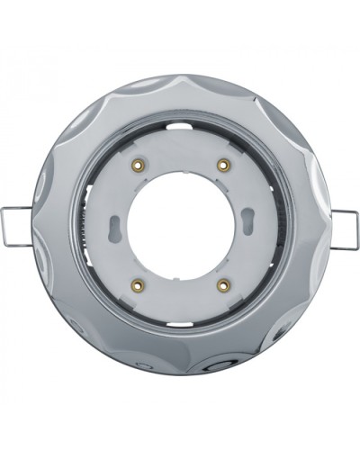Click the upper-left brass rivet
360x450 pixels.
tap(140, 165)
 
